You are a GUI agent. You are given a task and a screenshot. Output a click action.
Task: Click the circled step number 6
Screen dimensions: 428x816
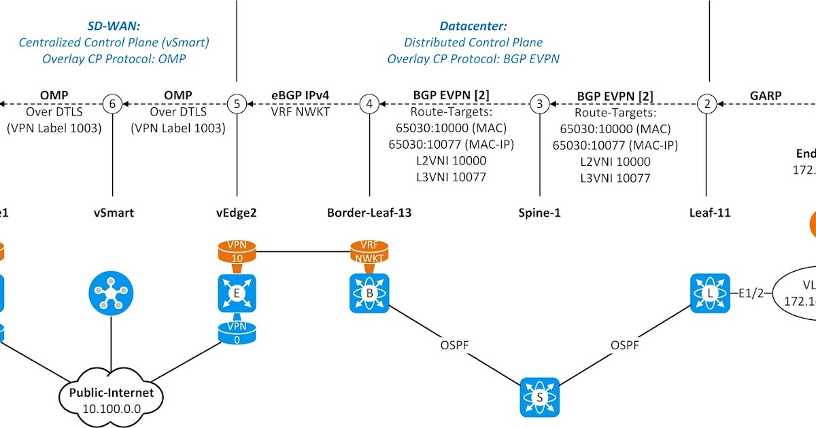112,104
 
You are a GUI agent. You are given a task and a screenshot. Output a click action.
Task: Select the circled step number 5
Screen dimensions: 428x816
236,104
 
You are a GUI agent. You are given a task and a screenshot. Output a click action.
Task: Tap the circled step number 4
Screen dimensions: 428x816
369,104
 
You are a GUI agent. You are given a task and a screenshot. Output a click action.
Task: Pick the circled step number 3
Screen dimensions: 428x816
539,104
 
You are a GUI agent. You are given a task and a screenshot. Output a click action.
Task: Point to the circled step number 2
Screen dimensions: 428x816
707,104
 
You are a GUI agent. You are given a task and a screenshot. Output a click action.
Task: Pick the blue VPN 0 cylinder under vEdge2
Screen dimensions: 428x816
236,334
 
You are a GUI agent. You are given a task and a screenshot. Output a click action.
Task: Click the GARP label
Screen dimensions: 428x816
766,95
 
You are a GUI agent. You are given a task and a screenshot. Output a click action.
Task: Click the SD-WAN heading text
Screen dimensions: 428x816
114,26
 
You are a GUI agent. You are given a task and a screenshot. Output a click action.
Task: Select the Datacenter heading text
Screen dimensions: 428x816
473,26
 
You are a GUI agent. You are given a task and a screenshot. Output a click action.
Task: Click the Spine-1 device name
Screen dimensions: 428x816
539,213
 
